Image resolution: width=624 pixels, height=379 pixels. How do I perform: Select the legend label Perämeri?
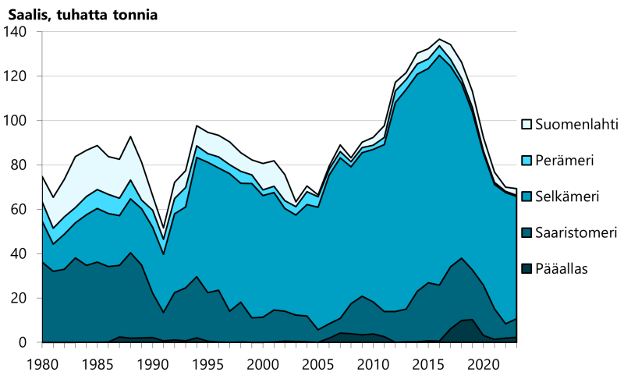coord(568,160)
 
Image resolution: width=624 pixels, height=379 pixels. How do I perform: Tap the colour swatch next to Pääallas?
coord(527,270)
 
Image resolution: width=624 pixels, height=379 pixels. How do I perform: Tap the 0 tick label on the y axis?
coord(23,343)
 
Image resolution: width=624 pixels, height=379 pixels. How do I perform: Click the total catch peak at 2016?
coord(440,39)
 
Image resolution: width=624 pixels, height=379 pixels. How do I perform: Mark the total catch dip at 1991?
coord(163,231)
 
